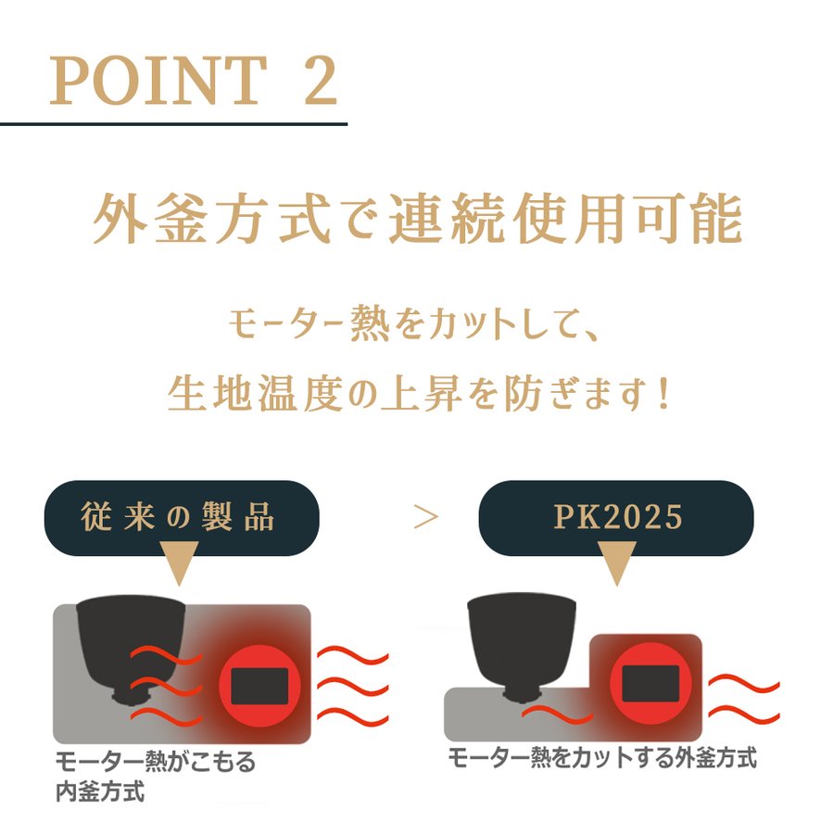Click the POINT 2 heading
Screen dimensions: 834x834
[x=193, y=82]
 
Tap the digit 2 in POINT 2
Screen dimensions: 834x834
[x=318, y=82]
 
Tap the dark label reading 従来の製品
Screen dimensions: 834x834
[x=182, y=517]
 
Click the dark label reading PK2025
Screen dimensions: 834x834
[x=616, y=517]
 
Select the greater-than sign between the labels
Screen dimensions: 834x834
[x=425, y=517]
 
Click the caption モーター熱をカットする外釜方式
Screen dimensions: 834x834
[x=602, y=758]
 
